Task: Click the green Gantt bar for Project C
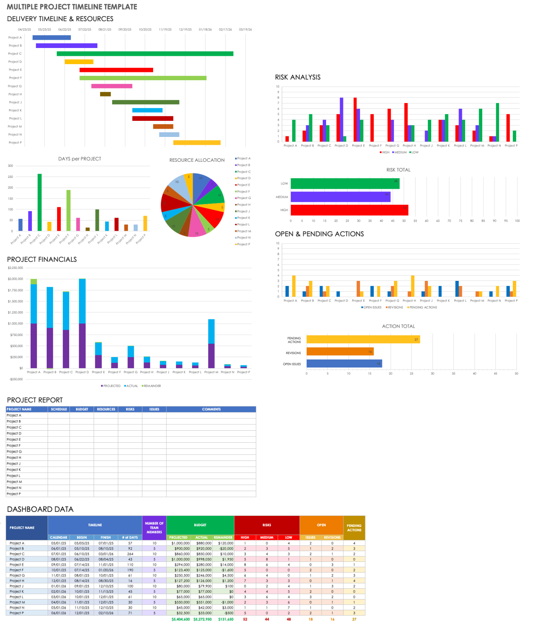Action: tap(145, 54)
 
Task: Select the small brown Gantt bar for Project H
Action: tap(105, 94)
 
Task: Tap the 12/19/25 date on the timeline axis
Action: tap(185, 30)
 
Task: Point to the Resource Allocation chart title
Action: tap(197, 160)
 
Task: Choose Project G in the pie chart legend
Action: tap(243, 198)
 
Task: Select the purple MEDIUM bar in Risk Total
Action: tap(340, 197)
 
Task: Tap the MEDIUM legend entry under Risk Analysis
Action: tap(400, 152)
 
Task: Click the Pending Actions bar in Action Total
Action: tap(363, 340)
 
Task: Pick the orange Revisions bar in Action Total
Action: tap(340, 352)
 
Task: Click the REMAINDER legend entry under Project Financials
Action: tap(151, 386)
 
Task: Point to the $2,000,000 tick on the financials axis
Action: tap(16, 279)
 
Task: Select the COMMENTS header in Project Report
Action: tap(211, 409)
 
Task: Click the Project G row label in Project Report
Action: tap(14, 452)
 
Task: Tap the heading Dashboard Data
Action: tap(40, 509)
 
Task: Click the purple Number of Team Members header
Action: tap(154, 527)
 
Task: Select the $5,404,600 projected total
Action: tap(180, 619)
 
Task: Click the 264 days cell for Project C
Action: tap(130, 554)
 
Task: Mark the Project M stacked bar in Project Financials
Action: tap(211, 343)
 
